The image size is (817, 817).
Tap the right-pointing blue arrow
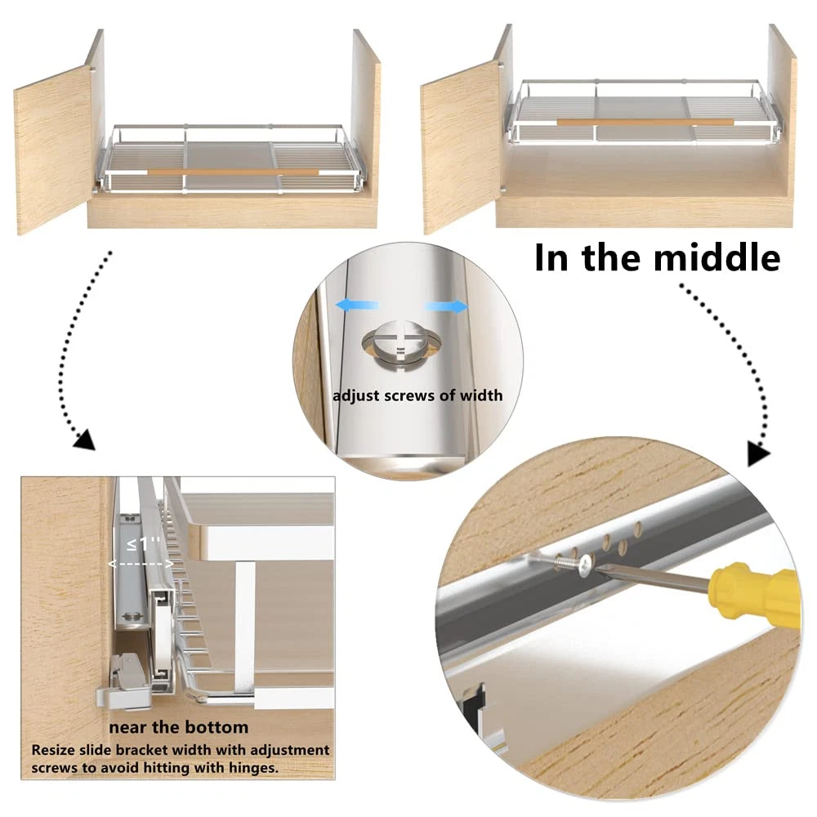pyautogui.click(x=447, y=307)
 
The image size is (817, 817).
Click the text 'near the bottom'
pyautogui.click(x=178, y=727)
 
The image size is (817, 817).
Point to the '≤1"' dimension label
pyautogui.click(x=143, y=544)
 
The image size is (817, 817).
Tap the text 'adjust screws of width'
pyautogui.click(x=417, y=395)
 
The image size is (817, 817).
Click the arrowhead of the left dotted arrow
pyautogui.click(x=85, y=440)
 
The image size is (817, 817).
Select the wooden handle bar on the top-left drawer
pyautogui.click(x=233, y=172)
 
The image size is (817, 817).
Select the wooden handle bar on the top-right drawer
pyautogui.click(x=645, y=123)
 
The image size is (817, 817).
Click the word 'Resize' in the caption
pyautogui.click(x=53, y=750)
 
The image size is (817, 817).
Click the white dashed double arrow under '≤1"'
pyautogui.click(x=141, y=564)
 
